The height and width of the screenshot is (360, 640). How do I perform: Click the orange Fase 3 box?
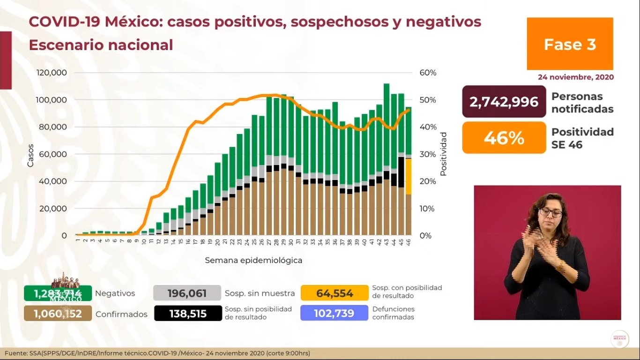point(570,44)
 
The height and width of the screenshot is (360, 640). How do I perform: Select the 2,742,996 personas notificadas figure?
point(504,102)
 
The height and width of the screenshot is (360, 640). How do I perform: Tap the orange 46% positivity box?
point(504,138)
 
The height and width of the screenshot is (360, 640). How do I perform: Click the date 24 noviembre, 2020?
point(575,77)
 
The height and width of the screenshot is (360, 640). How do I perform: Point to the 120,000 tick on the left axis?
point(52,73)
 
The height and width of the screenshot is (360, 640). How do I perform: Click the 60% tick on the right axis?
point(427,73)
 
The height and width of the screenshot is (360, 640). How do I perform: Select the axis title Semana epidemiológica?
point(253,260)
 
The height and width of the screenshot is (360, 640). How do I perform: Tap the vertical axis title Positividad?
point(443,154)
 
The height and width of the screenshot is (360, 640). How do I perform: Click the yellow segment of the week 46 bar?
point(409,176)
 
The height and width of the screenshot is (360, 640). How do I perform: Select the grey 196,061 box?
point(186,293)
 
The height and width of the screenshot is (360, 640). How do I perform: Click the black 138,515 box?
point(188,314)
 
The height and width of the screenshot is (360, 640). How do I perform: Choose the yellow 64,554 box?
point(335,293)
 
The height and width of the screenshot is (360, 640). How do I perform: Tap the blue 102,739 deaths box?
point(335,314)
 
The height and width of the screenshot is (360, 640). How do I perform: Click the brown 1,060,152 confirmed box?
point(58,314)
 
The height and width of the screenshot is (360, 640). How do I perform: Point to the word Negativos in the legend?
point(115,293)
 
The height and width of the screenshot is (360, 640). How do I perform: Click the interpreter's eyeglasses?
point(550,213)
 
